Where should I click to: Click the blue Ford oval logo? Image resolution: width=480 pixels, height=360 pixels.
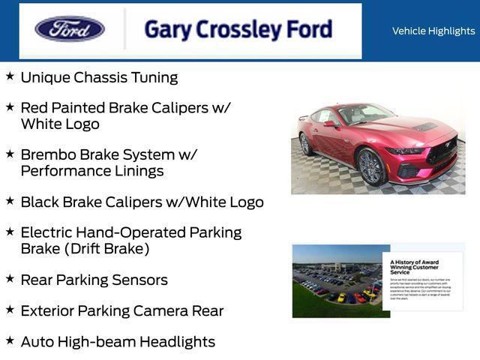point(70,29)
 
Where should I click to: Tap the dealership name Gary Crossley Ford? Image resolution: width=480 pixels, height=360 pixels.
point(238,29)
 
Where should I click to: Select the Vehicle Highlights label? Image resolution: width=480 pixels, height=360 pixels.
point(433,31)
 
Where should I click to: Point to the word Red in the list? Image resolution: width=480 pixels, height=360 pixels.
point(34,107)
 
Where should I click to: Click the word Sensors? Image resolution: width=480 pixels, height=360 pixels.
point(139,280)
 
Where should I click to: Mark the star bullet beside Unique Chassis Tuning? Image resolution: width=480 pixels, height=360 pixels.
point(10,76)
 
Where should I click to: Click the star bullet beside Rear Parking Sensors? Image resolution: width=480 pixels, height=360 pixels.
point(10,279)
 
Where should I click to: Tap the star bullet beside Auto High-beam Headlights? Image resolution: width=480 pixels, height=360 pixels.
point(10,340)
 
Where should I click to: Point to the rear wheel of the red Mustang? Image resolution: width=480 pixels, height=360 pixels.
point(306,143)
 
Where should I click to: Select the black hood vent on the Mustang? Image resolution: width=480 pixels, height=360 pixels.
point(424,127)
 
